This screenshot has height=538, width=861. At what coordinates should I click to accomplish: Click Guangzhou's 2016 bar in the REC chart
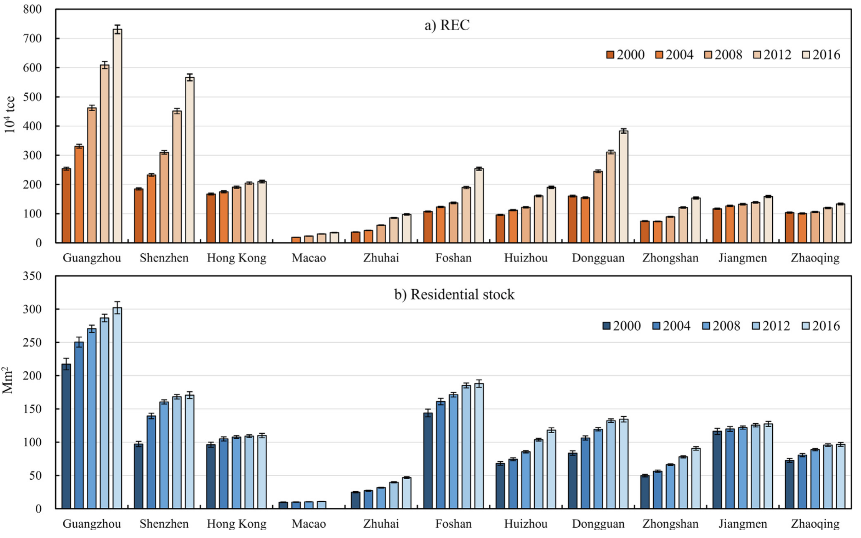117,138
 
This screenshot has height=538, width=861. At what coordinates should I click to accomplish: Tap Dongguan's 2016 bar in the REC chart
623,188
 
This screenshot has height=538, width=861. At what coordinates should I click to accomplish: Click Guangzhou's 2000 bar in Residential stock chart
66,437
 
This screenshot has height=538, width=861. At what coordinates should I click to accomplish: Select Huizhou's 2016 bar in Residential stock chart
551,470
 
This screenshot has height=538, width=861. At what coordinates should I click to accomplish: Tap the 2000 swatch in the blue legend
606,326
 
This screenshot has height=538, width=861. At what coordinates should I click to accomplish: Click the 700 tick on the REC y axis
33,38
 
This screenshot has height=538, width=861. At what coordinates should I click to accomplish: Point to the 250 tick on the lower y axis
33,342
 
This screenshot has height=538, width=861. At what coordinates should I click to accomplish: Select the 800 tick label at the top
33,9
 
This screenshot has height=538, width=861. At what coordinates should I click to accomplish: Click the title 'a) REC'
447,25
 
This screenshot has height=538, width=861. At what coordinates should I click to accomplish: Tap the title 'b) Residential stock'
454,294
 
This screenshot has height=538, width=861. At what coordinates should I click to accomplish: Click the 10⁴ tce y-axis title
10,114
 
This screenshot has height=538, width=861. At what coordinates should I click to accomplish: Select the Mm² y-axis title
8,380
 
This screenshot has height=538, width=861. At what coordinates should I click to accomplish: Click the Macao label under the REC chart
309,258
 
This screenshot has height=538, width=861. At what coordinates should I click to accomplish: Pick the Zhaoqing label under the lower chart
815,524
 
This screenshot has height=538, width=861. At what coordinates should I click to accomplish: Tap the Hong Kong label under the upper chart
237,258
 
